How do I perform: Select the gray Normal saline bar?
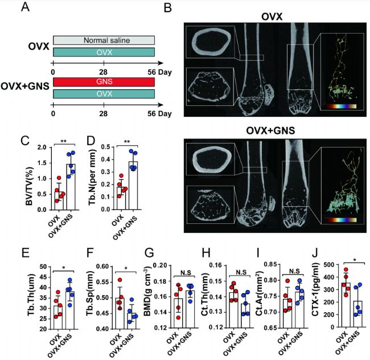pos(104,40)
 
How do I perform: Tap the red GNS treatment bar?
pos(104,82)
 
